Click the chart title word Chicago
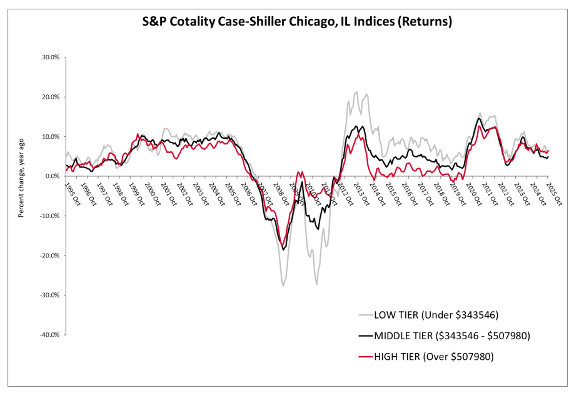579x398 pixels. pos(311,22)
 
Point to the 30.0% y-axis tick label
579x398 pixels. pos(51,57)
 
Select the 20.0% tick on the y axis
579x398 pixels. pos(51,97)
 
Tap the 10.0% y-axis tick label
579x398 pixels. pos(51,137)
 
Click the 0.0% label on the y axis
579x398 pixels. pos(53,176)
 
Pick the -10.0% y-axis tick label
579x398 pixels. pos(49,216)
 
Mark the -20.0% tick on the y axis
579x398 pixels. pos(49,256)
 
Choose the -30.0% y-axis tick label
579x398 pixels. pos(49,295)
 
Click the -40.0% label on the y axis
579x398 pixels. pos(49,335)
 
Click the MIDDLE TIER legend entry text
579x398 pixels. pos(452,336)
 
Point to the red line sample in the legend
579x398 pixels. pos(365,357)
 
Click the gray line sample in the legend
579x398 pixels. pos(365,314)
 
